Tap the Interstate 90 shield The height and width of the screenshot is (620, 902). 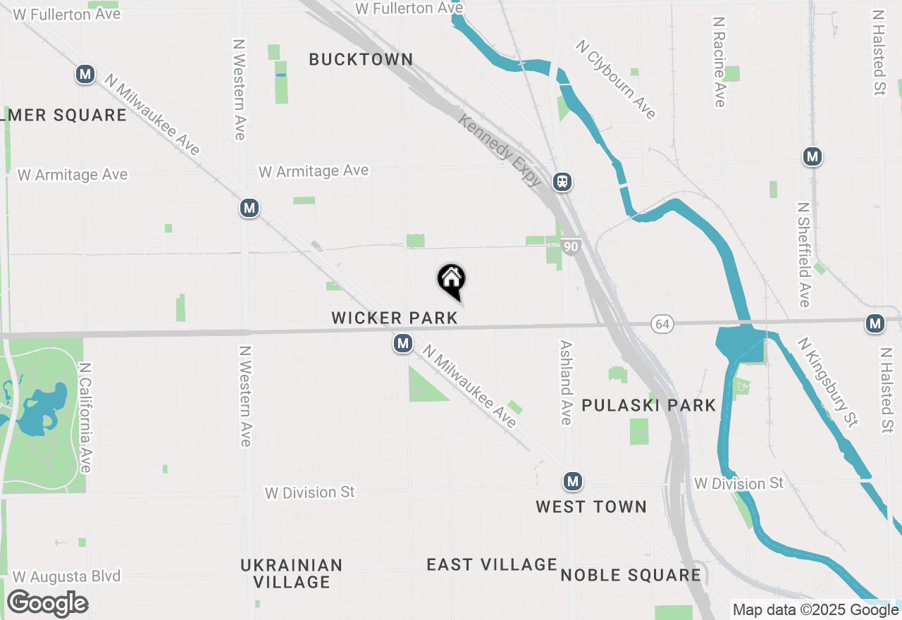(571, 246)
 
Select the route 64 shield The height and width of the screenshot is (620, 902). (662, 324)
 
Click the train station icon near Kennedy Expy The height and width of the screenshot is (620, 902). (562, 182)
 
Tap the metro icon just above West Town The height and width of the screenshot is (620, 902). (572, 482)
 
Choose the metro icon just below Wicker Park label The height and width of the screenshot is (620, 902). (402, 344)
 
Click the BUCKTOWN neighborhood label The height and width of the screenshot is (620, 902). (361, 60)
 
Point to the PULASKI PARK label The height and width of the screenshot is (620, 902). (649, 405)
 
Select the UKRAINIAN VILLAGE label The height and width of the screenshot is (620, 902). (292, 573)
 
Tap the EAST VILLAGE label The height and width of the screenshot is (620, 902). (492, 564)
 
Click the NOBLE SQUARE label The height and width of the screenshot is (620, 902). (631, 575)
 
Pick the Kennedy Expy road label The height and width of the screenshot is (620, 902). (500, 150)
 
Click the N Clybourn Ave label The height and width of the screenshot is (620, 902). (616, 79)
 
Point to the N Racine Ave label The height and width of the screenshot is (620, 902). (719, 62)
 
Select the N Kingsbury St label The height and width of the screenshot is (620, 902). (828, 382)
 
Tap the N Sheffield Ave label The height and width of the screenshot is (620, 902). (803, 255)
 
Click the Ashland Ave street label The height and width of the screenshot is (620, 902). (566, 383)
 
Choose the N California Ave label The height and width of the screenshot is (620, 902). (86, 418)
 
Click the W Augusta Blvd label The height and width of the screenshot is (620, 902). (67, 576)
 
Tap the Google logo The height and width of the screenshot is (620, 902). (47, 603)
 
